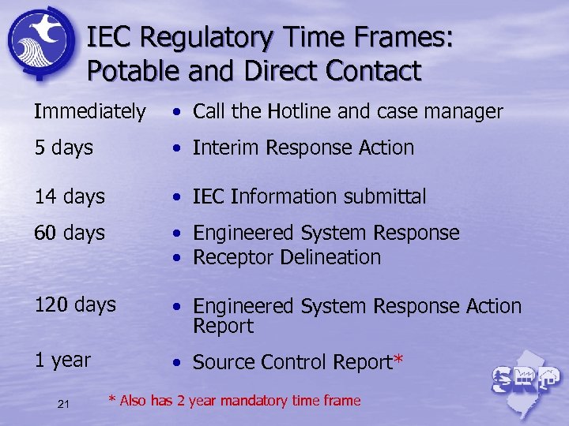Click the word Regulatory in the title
click(199, 38)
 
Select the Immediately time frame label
click(89, 112)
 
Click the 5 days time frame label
click(63, 148)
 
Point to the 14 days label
click(70, 196)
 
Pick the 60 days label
click(70, 233)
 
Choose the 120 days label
click(75, 305)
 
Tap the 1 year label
click(62, 360)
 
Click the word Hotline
click(299, 112)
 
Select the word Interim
click(226, 148)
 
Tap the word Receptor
click(228, 257)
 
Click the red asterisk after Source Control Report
click(398, 361)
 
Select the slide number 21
click(64, 405)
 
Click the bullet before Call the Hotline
click(180, 113)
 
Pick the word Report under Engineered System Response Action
click(223, 326)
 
